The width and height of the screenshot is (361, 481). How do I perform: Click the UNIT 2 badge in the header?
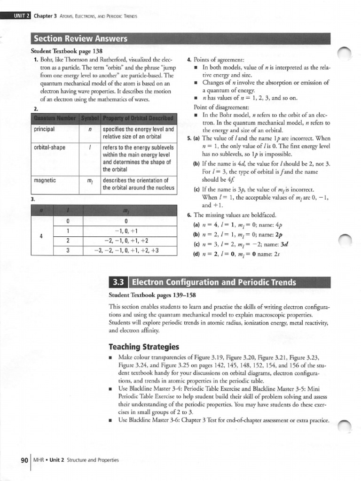coord(19,16)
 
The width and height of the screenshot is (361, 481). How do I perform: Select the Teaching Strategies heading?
coord(144,347)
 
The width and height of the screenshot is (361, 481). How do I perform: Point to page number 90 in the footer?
coord(24,460)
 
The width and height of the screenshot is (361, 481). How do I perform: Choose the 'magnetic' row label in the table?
coord(45,180)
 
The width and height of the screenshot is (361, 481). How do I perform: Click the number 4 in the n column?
coord(42,236)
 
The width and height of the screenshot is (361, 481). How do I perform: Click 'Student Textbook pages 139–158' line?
coord(152,295)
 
